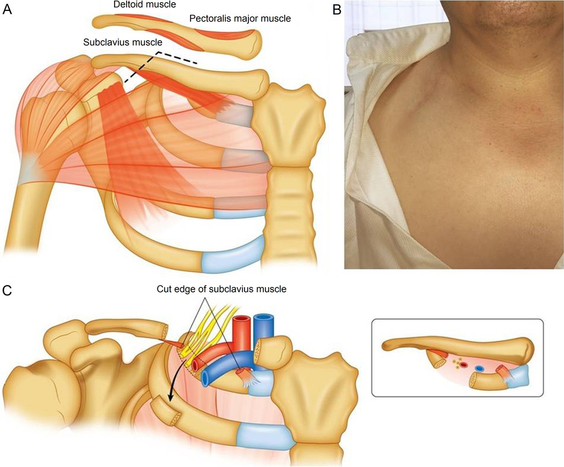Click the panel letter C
click(x=8, y=290)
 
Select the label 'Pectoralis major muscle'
click(x=240, y=19)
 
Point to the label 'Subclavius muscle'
click(x=122, y=42)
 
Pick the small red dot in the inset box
click(x=464, y=364)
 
